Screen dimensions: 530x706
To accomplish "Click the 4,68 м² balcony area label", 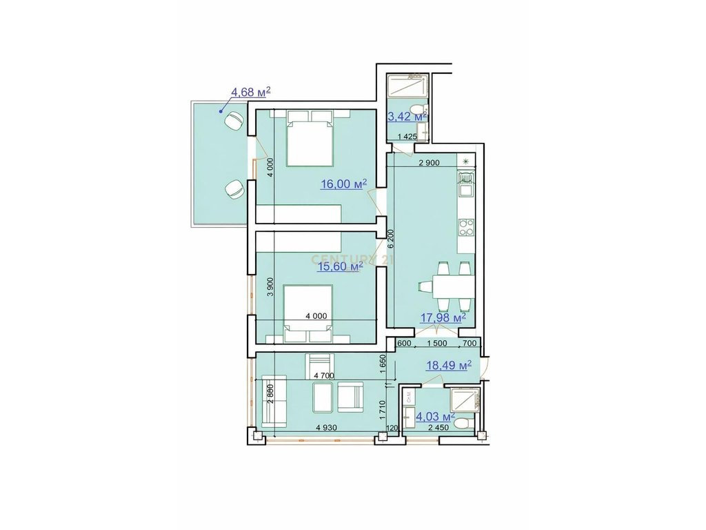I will click(250, 91).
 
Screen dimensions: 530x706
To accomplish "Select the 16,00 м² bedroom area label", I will click(343, 184).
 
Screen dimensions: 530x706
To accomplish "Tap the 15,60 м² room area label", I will click(340, 266).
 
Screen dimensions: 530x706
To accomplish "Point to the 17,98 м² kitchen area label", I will click(443, 317).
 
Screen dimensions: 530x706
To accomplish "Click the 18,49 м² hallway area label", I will click(448, 365).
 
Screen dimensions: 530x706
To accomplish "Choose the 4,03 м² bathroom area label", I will click(433, 416).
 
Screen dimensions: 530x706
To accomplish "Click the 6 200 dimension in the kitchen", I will click(391, 238).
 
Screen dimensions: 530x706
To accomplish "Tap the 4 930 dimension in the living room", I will click(326, 428).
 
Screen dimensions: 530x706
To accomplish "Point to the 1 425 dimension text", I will click(407, 137).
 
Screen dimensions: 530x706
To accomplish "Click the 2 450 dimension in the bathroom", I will click(439, 428).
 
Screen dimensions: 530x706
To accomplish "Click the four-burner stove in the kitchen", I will click(465, 226).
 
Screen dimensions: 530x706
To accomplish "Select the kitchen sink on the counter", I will click(465, 185).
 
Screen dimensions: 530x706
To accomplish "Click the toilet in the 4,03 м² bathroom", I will click(466, 420).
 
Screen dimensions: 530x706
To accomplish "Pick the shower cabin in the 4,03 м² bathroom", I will click(459, 399).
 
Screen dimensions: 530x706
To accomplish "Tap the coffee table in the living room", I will click(321, 398).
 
